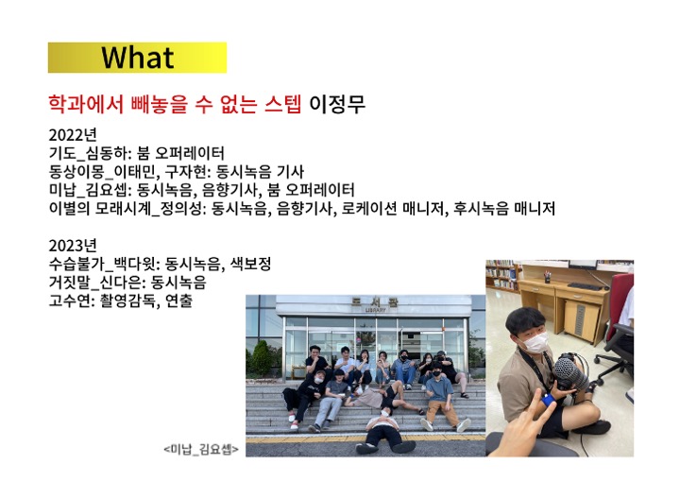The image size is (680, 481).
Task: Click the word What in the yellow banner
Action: (x=138, y=58)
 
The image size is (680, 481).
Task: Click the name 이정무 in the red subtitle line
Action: (x=337, y=104)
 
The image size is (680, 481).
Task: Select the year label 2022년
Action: (x=73, y=135)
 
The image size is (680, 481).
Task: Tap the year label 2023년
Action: (x=73, y=246)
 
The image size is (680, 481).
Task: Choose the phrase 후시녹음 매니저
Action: (x=504, y=209)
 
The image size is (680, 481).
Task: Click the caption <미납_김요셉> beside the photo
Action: (x=201, y=449)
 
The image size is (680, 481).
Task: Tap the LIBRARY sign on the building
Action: (x=376, y=310)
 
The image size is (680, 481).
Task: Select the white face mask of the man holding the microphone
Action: (x=535, y=342)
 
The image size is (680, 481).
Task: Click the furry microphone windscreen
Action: (x=570, y=373)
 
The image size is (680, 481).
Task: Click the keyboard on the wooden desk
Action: (x=585, y=286)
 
